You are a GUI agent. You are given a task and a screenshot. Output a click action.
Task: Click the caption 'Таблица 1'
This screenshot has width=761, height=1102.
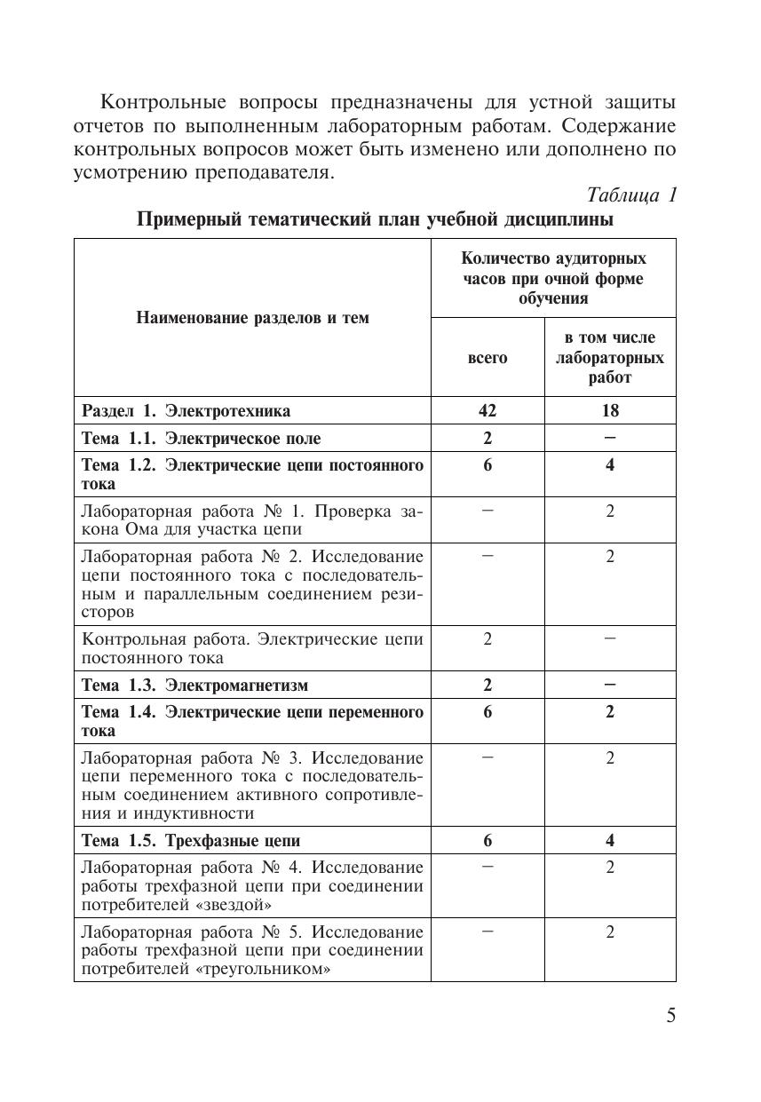click(631, 195)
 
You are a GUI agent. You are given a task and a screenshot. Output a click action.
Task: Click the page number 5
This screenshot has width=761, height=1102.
click(670, 1016)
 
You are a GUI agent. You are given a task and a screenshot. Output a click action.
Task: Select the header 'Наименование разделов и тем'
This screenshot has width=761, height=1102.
click(252, 318)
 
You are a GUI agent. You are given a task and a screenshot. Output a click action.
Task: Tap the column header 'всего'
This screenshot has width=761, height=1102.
click(488, 358)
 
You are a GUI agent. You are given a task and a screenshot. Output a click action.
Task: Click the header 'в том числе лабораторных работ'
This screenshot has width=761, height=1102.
click(610, 358)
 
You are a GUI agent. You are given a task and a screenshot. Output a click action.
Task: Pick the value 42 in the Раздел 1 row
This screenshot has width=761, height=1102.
click(488, 410)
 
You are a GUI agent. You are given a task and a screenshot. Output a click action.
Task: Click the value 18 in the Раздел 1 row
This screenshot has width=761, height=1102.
click(610, 410)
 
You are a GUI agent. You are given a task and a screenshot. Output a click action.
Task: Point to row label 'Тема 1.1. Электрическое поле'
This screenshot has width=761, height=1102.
click(202, 439)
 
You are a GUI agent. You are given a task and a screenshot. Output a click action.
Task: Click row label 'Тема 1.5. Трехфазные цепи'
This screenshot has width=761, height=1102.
click(191, 841)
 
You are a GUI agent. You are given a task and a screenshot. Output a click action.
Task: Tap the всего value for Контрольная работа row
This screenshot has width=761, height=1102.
click(488, 639)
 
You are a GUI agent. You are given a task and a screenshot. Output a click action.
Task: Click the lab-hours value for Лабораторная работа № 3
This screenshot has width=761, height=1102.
click(610, 758)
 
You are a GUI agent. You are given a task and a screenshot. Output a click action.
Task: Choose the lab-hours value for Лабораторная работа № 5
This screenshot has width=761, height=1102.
click(610, 932)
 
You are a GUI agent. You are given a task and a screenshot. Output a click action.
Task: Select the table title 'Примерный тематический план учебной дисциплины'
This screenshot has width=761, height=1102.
click(375, 220)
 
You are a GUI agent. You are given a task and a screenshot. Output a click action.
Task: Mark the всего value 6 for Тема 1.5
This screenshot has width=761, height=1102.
click(488, 841)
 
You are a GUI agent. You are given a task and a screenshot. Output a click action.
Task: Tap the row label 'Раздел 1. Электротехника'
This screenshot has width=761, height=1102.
click(186, 410)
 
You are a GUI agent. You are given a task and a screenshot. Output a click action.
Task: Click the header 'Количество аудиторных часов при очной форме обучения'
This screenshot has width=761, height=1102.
click(553, 278)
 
